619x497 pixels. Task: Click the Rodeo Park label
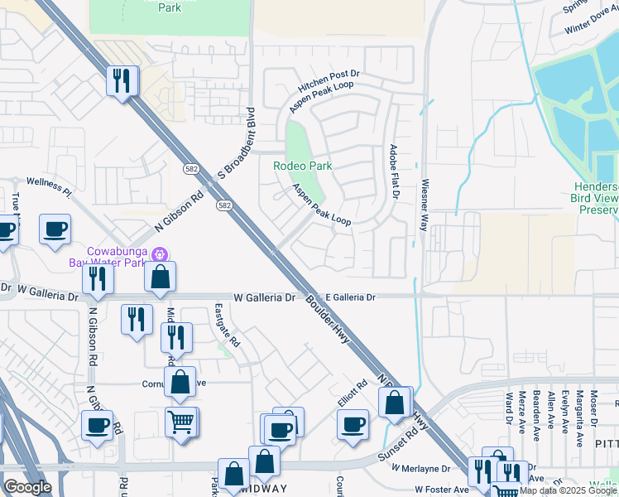pos(303,166)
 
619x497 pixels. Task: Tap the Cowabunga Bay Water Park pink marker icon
pos(161,253)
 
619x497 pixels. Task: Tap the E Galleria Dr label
pos(350,297)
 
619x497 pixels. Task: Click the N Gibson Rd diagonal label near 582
pos(179,213)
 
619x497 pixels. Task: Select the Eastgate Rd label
pos(226,325)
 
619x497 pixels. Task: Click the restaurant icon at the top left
pos(122,80)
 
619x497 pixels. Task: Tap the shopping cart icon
pos(180,422)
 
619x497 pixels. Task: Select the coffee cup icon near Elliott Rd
pos(353,424)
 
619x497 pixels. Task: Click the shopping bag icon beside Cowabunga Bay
pos(161,277)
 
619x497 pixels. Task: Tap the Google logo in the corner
pos(27,487)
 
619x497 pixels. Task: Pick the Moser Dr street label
pos(594,412)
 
